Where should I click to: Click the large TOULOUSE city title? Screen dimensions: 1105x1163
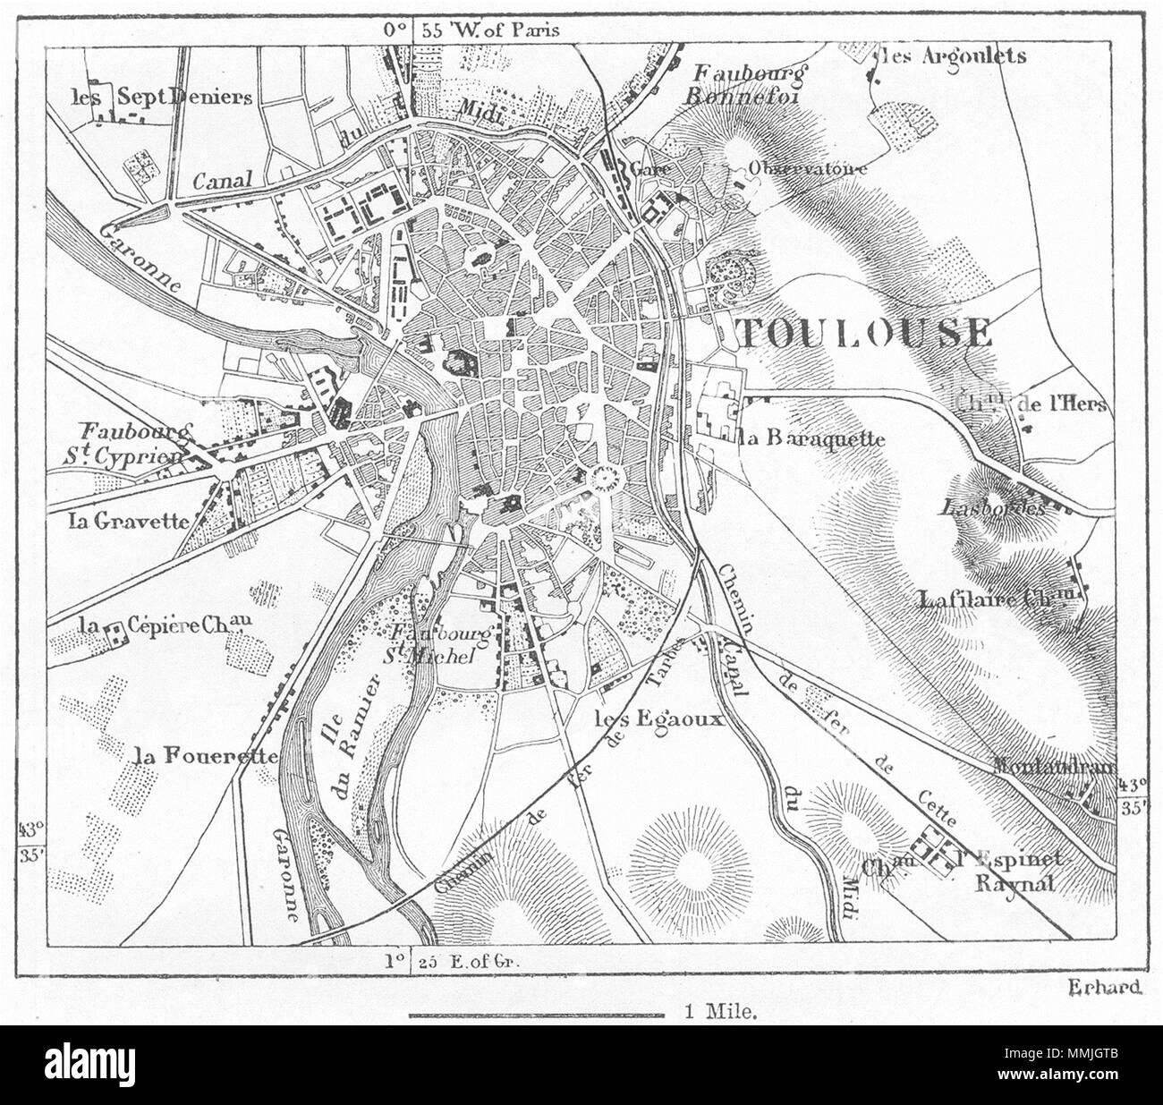pos(864,333)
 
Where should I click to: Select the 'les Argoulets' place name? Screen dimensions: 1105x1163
pos(953,55)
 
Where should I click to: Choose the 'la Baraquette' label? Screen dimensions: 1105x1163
pos(811,438)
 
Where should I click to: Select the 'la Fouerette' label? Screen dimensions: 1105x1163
pos(204,756)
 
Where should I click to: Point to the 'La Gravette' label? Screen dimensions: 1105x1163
pos(129,521)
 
